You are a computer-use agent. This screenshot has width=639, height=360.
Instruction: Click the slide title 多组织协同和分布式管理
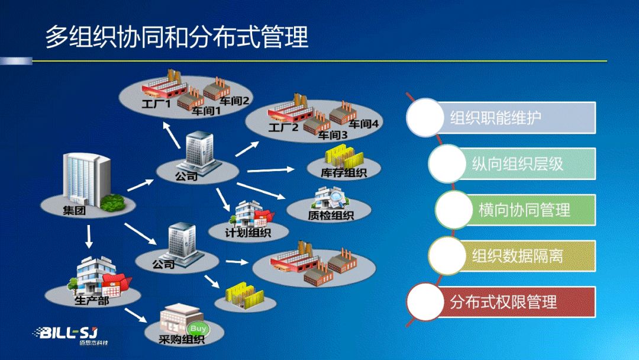click(177, 37)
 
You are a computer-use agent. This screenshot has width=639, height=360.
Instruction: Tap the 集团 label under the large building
click(74, 210)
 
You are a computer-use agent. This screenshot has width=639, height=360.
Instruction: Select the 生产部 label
click(91, 300)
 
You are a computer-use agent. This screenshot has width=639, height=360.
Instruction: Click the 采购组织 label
click(182, 339)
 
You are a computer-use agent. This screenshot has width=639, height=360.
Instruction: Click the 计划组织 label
click(247, 233)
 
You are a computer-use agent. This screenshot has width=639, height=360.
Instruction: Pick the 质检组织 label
click(330, 216)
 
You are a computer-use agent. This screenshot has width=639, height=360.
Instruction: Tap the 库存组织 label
click(344, 173)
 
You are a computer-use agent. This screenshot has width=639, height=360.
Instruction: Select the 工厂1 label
click(156, 104)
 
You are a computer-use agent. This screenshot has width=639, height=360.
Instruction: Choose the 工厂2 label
click(283, 128)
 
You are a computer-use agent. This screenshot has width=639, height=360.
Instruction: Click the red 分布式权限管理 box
click(515, 302)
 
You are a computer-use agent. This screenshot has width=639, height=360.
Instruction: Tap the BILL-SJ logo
click(72, 335)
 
